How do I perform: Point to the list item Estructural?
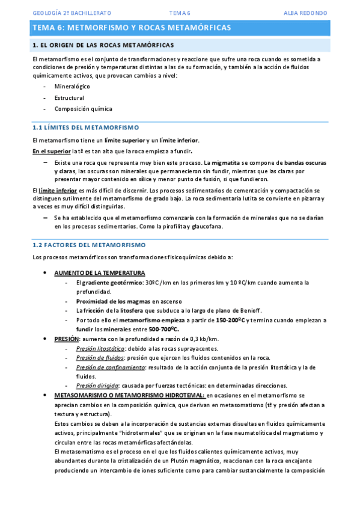tap(69, 97)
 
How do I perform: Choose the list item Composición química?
tap(83, 109)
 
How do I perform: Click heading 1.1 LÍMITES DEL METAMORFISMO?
tap(85, 127)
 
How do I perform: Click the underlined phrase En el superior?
tap(51, 151)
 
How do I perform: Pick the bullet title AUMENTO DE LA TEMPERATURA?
tap(99, 272)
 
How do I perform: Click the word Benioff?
tap(248, 310)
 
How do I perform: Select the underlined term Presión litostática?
tap(100, 349)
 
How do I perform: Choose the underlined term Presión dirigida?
tap(96, 386)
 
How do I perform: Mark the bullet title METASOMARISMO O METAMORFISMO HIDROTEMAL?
tap(129, 395)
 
